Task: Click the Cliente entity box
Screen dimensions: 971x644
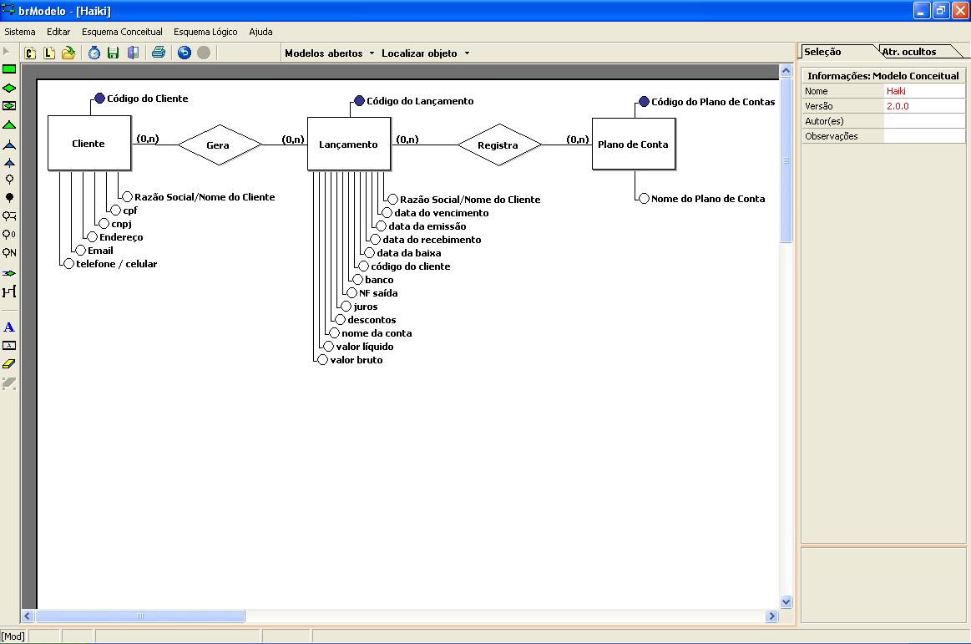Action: click(x=89, y=143)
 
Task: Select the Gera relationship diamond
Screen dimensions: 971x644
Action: click(x=220, y=145)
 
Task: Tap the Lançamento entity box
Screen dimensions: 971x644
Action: click(x=349, y=144)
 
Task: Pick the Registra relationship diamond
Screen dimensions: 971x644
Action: click(x=500, y=145)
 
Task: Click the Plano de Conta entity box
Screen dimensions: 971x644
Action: click(x=634, y=144)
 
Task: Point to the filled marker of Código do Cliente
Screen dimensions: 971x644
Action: click(x=99, y=98)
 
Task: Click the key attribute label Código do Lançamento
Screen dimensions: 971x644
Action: click(x=420, y=101)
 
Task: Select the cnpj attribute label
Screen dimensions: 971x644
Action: click(x=121, y=224)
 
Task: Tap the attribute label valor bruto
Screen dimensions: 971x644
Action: click(x=356, y=360)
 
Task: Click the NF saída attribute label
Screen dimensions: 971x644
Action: click(x=378, y=293)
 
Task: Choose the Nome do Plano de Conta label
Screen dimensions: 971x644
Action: click(x=708, y=199)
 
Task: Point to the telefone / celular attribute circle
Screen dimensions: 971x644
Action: click(x=68, y=264)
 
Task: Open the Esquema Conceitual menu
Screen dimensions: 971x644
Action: click(x=122, y=32)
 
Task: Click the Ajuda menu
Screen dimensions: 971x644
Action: click(x=260, y=32)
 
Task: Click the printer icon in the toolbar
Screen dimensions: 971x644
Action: click(x=159, y=53)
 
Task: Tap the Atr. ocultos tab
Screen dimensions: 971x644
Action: click(x=909, y=52)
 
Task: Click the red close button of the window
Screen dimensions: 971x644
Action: click(x=960, y=11)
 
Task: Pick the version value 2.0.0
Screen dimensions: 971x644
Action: click(x=898, y=106)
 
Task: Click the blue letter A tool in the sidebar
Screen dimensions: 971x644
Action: click(x=9, y=327)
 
